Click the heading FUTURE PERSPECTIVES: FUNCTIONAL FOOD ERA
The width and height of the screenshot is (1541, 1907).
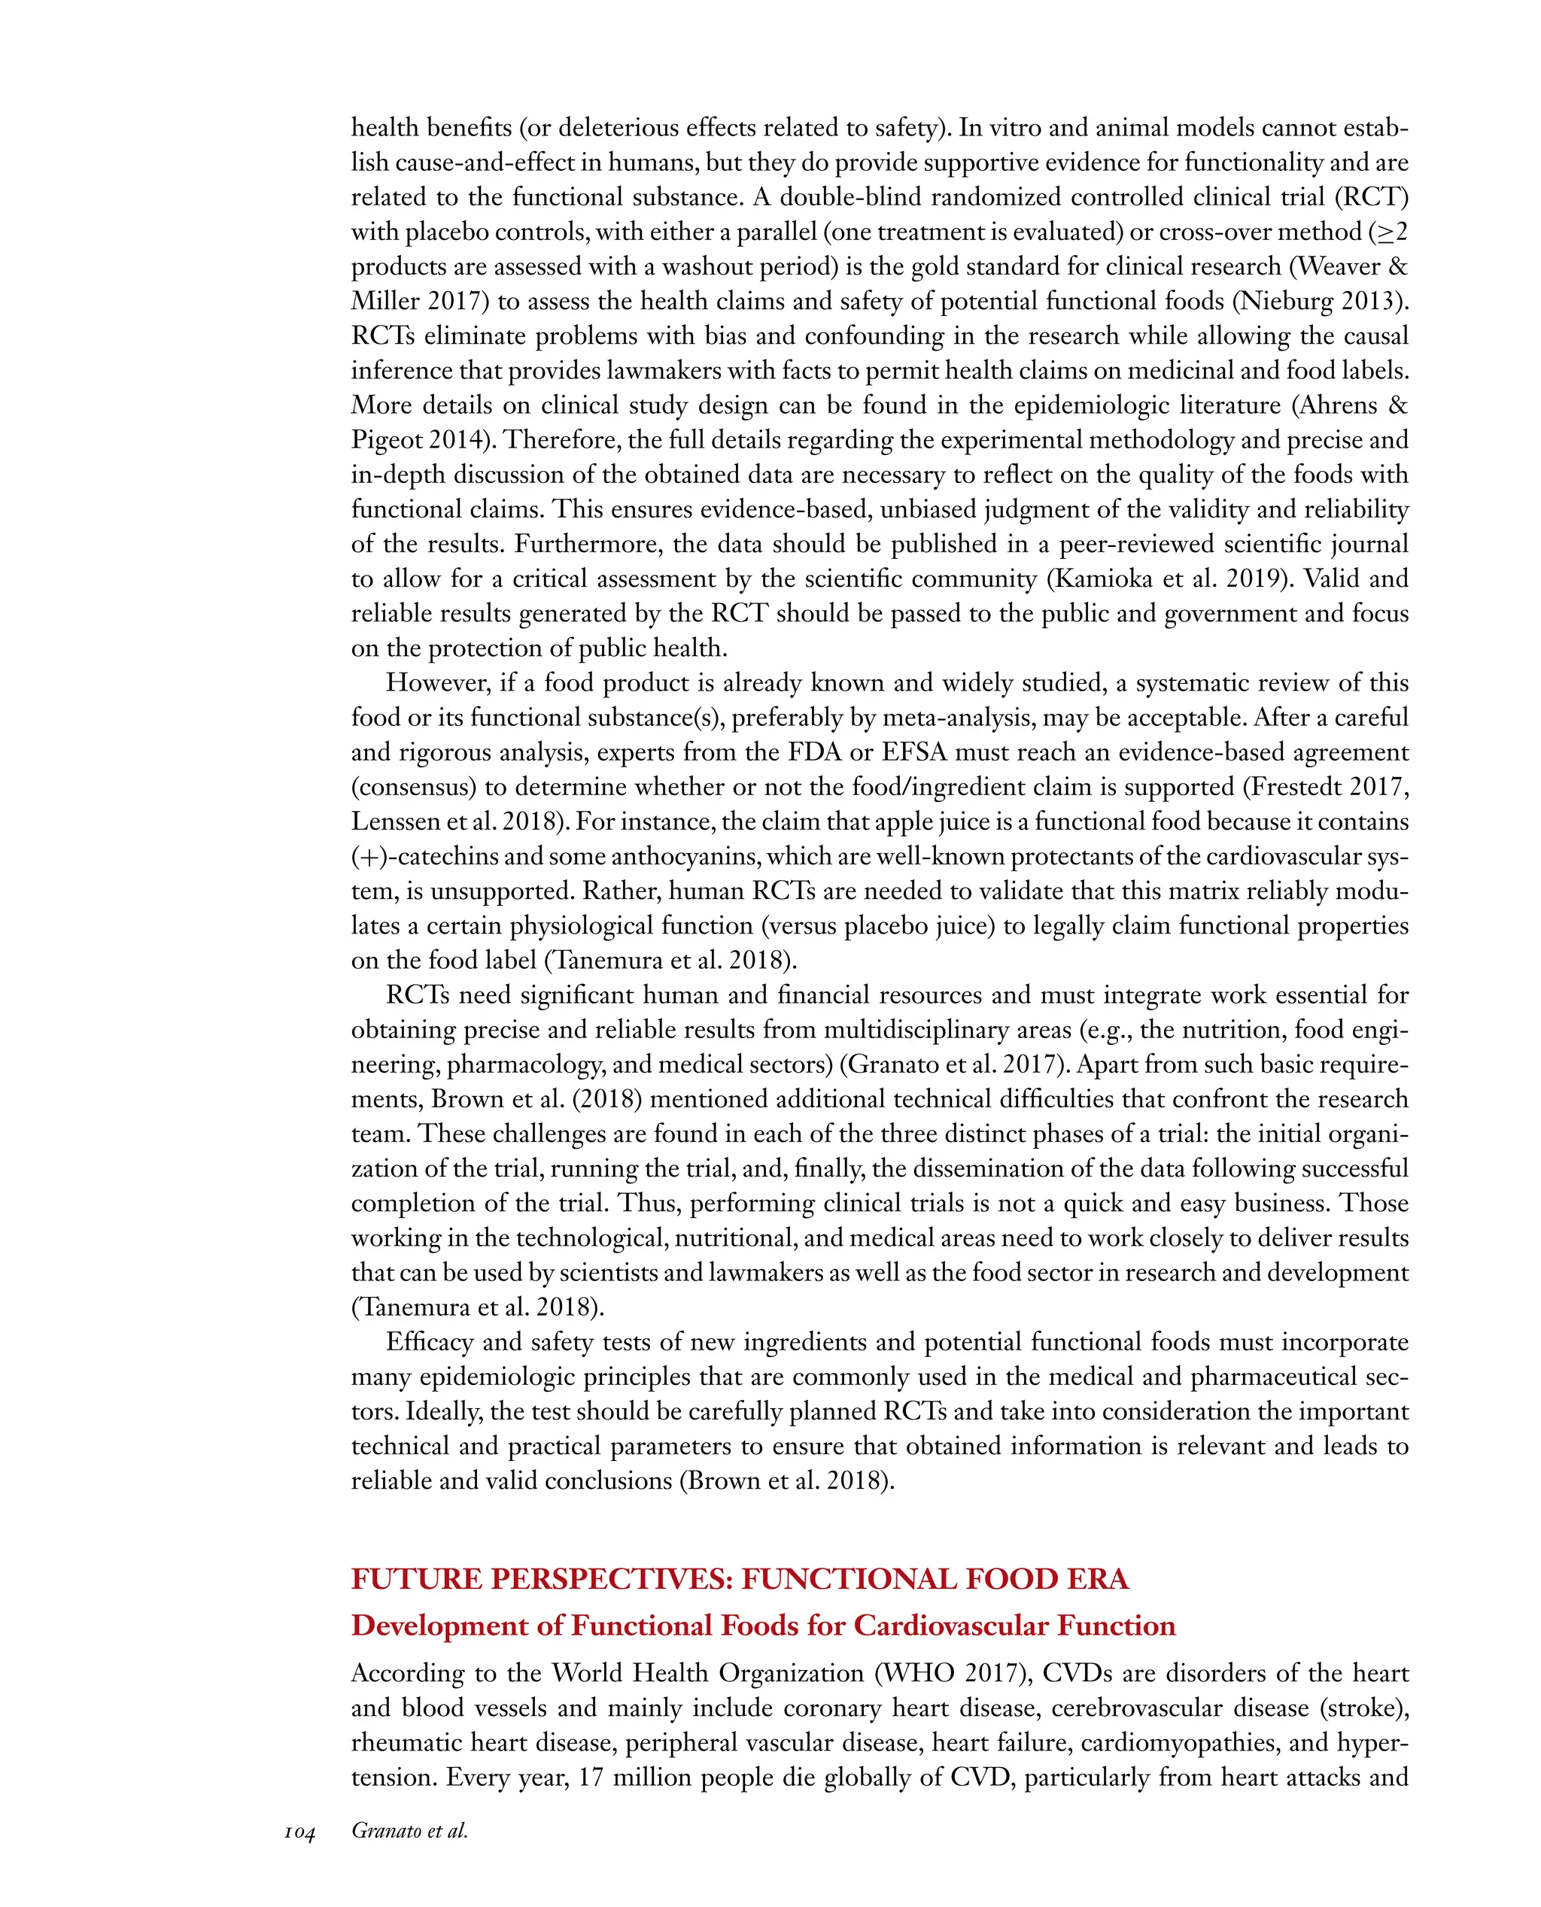[740, 1580]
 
